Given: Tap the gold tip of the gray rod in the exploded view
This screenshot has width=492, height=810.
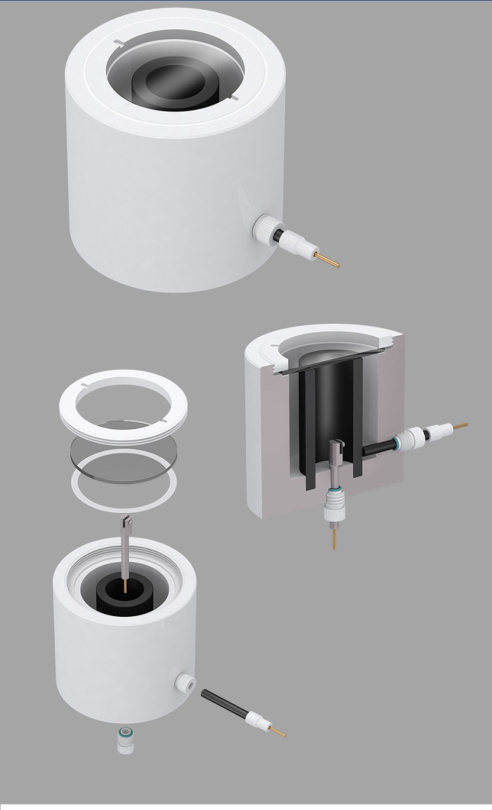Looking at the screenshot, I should tap(125, 586).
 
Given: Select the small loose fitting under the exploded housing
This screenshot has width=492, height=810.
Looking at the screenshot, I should tap(126, 741).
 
